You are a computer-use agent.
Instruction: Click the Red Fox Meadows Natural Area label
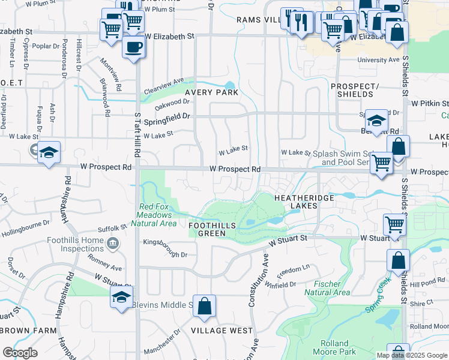(x=157, y=214)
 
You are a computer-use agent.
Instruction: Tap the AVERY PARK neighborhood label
(x=211, y=93)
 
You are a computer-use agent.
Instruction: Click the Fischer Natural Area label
(x=327, y=288)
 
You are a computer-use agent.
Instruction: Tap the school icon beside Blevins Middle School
(x=121, y=298)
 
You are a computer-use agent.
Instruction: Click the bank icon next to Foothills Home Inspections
(x=112, y=243)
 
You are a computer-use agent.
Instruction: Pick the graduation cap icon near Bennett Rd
(x=376, y=121)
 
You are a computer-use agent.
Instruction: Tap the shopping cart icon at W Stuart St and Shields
(x=395, y=225)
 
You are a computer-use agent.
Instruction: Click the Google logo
(x=20, y=352)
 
